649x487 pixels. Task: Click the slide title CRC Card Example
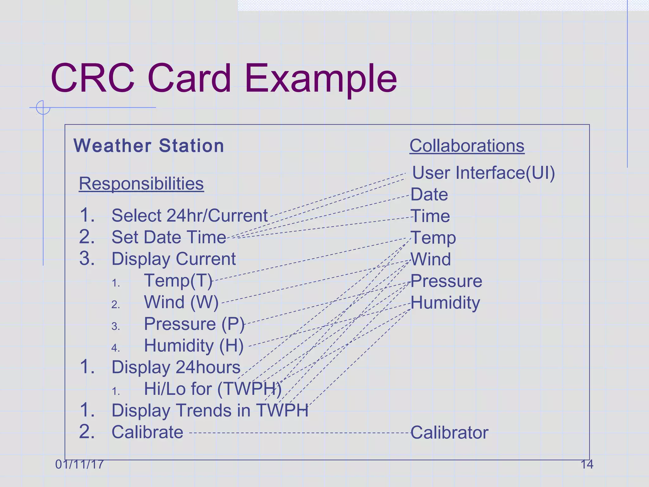coord(224,78)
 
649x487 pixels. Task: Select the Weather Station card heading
coord(149,146)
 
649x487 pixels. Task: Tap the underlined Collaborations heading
coord(467,146)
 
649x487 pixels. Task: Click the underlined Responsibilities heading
coord(141,184)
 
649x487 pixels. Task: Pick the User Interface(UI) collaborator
coord(483,173)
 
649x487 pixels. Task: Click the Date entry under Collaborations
coord(429,194)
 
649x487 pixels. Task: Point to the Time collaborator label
coord(430,216)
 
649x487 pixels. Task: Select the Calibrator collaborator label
coord(449,433)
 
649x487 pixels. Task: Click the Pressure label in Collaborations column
coord(446,281)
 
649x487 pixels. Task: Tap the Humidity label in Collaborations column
coord(445,302)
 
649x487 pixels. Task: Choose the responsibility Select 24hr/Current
coord(190,216)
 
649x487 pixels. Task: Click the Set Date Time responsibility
coord(169,237)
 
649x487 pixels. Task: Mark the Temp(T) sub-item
coord(178,281)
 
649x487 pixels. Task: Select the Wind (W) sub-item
coord(181,302)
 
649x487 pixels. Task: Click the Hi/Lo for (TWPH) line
coord(212,389)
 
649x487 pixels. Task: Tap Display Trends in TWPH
coord(210,410)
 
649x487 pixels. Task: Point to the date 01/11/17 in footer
coord(79,464)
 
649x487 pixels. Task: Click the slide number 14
coord(587,464)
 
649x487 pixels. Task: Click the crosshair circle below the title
coord(43,107)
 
